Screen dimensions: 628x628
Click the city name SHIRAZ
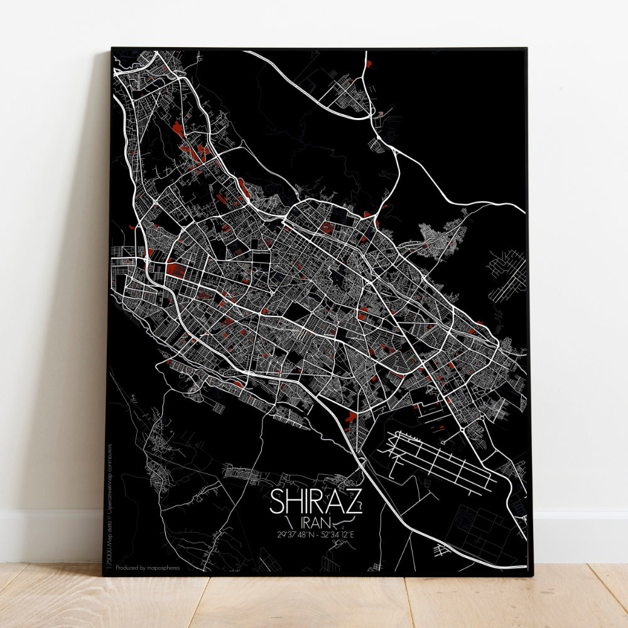(316, 502)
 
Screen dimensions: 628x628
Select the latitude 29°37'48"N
(293, 535)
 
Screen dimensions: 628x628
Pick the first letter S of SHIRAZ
(278, 502)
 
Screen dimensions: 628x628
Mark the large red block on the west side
(175, 271)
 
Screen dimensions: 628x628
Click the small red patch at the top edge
(369, 63)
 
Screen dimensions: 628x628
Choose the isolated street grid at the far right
(506, 274)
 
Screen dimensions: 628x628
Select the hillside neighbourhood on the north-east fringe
(442, 238)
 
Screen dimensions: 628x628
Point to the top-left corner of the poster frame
(112, 48)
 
